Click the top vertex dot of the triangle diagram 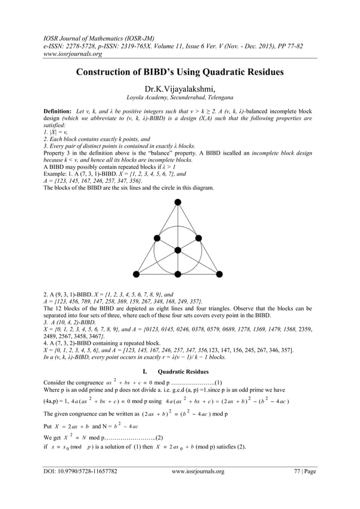point(177,202)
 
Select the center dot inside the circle point(177,250)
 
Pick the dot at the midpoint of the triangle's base point(177,274)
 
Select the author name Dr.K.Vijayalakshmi point(179,89)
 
